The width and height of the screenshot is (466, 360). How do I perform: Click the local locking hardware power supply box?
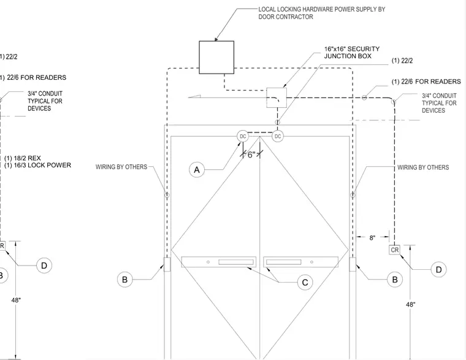point(216,58)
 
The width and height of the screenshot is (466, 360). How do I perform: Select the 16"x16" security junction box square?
point(277,98)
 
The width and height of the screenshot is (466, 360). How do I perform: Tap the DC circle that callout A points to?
point(243,136)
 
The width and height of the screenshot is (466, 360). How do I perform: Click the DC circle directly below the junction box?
point(278,136)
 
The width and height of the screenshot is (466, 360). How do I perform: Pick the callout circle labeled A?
point(197,170)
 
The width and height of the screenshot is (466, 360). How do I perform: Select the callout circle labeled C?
point(305,282)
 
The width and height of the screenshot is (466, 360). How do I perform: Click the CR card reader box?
point(394,250)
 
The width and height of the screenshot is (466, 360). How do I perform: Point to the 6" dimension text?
point(251,155)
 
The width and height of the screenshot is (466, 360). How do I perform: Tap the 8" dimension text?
point(372,237)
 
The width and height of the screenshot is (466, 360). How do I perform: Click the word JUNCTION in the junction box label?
point(338,56)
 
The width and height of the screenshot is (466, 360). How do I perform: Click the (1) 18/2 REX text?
point(23,158)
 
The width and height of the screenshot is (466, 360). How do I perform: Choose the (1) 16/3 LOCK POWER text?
point(38,166)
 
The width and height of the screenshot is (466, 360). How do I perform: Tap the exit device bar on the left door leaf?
point(219,262)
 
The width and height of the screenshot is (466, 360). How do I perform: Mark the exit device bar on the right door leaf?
point(301,262)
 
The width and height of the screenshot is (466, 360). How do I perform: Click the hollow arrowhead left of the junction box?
point(194,97)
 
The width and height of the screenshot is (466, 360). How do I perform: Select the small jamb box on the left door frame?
point(167,264)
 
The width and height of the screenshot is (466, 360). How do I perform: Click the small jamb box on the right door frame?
point(353,264)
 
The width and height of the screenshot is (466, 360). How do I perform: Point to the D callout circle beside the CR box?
point(438,269)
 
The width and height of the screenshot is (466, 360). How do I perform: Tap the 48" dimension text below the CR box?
point(410,304)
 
